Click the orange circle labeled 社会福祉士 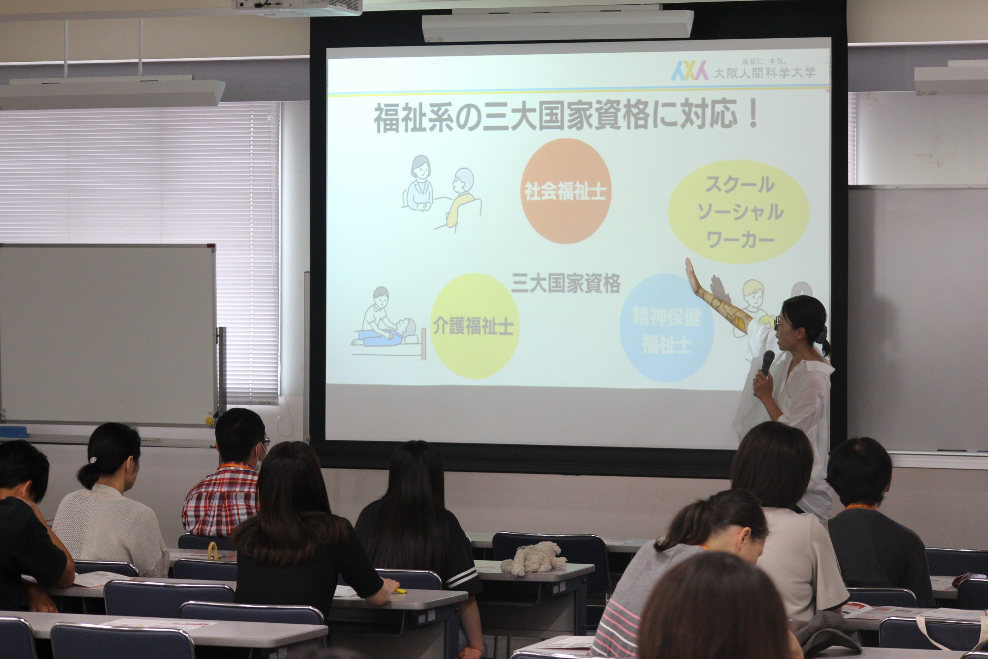[565, 191]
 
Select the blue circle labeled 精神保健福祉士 [667, 328]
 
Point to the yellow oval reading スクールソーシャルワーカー [738, 212]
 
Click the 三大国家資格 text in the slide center [566, 284]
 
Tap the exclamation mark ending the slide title [753, 115]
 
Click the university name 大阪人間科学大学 [765, 73]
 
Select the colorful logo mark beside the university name [689, 71]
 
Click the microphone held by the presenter [767, 363]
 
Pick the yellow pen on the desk [401, 591]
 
